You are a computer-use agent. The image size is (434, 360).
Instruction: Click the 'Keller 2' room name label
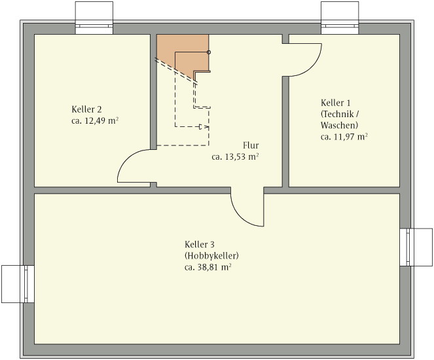(86, 109)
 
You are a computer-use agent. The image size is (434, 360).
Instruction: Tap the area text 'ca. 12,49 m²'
(95, 121)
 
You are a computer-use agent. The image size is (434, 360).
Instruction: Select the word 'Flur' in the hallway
(251, 145)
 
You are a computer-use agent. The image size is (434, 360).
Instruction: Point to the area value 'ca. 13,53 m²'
(235, 157)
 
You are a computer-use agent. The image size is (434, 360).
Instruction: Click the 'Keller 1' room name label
(335, 103)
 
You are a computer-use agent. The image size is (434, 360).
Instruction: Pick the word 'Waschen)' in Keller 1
(339, 126)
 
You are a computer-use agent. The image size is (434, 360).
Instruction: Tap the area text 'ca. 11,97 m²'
(344, 137)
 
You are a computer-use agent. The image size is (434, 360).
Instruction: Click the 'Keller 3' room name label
(200, 244)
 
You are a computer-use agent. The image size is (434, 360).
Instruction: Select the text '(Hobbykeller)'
(211, 256)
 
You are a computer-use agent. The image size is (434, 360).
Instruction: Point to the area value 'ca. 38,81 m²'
(208, 267)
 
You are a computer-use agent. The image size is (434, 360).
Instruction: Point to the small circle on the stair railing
(209, 52)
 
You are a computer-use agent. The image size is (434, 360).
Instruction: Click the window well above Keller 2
(94, 18)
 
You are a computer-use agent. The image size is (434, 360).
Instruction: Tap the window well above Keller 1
(340, 18)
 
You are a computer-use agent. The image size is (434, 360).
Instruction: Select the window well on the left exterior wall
(18, 284)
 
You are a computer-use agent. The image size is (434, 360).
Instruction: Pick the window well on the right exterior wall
(416, 247)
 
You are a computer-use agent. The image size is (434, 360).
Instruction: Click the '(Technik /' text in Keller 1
(340, 114)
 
